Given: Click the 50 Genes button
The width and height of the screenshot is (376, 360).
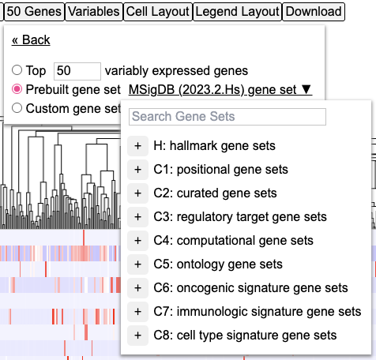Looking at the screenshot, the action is (34, 12).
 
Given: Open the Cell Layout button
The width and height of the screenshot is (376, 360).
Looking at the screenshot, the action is (158, 12).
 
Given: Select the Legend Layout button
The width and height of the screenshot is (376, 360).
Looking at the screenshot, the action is (238, 12).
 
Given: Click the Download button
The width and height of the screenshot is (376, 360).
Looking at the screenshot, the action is (314, 12).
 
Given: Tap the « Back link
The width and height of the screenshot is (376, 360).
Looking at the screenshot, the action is (31, 40).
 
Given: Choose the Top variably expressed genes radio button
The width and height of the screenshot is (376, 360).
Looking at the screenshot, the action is (17, 70).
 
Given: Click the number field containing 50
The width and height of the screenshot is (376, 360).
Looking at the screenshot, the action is (77, 71).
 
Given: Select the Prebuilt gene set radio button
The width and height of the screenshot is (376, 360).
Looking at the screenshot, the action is (17, 89).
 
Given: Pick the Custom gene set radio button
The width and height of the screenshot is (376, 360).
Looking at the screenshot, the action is (17, 108).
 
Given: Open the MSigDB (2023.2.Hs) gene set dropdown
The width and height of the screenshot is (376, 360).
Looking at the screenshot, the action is (220, 90).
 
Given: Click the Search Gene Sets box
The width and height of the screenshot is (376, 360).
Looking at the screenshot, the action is (227, 117).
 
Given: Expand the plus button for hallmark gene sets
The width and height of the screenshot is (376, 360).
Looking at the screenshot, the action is (137, 146).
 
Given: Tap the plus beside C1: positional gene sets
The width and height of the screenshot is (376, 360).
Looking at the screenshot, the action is (137, 170).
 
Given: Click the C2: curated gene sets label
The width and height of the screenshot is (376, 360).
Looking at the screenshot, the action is (215, 193).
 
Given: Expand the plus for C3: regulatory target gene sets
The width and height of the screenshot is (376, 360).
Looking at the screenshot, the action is (137, 217).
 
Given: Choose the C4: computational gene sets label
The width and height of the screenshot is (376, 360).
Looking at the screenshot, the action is (234, 241).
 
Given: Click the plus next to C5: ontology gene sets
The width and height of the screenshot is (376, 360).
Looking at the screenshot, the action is (137, 264).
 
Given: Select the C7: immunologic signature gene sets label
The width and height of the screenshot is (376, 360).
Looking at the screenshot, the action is (258, 312).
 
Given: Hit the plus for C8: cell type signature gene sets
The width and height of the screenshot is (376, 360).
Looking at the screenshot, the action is (137, 336).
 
